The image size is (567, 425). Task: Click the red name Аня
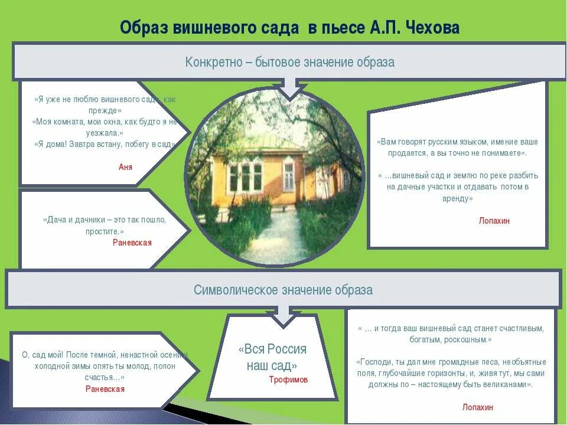pyautogui.click(x=125, y=167)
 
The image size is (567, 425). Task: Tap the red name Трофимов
pyautogui.click(x=288, y=380)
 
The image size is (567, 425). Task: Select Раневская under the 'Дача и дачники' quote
pyautogui.click(x=132, y=243)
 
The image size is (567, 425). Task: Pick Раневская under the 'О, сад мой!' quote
pyautogui.click(x=105, y=389)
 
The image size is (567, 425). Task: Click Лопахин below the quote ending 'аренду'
pyautogui.click(x=494, y=221)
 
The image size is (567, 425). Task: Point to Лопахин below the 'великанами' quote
pyautogui.click(x=477, y=407)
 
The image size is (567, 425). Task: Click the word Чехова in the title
pyautogui.click(x=433, y=28)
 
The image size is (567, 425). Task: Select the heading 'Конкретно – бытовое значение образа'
pyautogui.click(x=289, y=62)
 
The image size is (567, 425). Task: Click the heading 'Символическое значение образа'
pyautogui.click(x=283, y=290)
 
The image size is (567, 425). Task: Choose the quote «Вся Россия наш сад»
pyautogui.click(x=272, y=357)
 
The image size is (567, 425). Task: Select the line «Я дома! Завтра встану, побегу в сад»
pyautogui.click(x=105, y=144)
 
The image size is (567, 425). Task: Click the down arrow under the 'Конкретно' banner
pyautogui.click(x=289, y=91)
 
